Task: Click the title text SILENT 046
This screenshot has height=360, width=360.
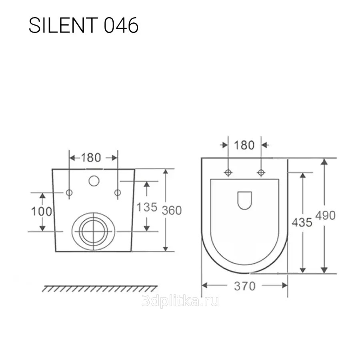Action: (84, 25)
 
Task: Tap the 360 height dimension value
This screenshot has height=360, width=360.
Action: (172, 210)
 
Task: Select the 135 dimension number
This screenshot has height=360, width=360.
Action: (147, 207)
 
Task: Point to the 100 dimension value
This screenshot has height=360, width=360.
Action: (42, 212)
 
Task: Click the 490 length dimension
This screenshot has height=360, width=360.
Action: (326, 215)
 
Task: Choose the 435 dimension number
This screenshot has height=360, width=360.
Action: (302, 222)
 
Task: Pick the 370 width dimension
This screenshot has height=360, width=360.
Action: (245, 286)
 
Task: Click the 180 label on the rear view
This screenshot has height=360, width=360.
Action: (91, 158)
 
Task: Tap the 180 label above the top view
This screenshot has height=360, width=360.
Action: (244, 145)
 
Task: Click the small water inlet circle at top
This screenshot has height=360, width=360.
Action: (94, 181)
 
